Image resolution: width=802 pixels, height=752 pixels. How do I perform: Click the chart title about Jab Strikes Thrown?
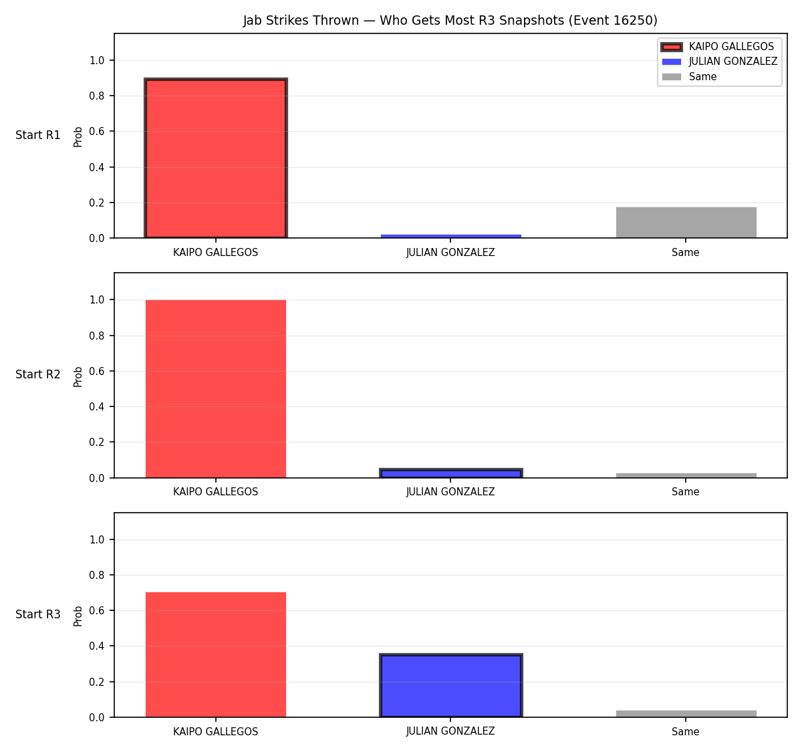coord(450,20)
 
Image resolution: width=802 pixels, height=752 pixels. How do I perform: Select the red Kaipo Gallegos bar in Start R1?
coord(216,158)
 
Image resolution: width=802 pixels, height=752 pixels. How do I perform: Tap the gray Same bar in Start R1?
coord(686,223)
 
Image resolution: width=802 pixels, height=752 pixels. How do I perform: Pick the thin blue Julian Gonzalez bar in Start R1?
coord(450,236)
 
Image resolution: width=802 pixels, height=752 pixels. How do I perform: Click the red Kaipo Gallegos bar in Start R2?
coord(216,389)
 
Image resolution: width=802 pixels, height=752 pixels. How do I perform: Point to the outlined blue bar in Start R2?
coord(450,473)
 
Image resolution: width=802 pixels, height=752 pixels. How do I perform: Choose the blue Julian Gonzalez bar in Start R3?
coord(450,685)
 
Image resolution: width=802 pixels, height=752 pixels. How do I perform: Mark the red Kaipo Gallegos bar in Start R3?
coord(216,654)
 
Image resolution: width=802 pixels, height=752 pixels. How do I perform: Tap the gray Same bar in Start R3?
coord(686,714)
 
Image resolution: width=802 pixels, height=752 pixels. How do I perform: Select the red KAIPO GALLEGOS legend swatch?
coord(671,47)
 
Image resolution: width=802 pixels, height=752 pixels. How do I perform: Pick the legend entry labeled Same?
coord(702,77)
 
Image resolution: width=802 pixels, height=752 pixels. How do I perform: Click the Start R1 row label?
coord(38,135)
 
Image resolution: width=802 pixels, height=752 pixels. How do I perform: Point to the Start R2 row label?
coord(38,374)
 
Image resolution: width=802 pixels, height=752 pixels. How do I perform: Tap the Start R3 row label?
coord(38,614)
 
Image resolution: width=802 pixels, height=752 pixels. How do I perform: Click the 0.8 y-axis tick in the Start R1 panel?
coord(96,96)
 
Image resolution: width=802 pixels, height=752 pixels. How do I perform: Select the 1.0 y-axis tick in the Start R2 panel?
coord(96,300)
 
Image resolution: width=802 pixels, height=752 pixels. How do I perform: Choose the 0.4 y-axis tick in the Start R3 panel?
coord(96,646)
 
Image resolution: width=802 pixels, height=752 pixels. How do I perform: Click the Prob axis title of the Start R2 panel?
coord(78,376)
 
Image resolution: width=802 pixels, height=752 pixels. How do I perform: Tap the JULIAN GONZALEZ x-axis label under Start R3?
coord(450,731)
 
